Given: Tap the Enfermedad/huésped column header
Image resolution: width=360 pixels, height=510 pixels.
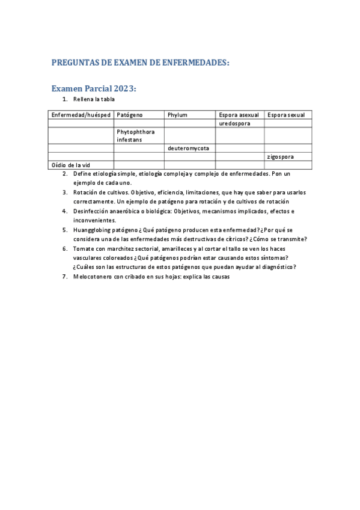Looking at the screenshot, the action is pyautogui.click(x=80, y=115).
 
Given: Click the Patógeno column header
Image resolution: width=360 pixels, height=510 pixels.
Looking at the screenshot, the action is pyautogui.click(x=130, y=115).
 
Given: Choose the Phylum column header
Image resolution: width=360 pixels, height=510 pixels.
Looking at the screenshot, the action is pyautogui.click(x=178, y=115).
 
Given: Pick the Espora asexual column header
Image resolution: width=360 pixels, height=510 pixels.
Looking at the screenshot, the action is pyautogui.click(x=239, y=115).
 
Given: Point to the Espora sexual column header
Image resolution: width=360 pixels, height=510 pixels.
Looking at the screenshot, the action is pyautogui.click(x=286, y=115).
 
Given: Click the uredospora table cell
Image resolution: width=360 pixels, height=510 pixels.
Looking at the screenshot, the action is pyautogui.click(x=234, y=123).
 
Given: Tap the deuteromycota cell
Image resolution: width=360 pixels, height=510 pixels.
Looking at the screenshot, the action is pyautogui.click(x=188, y=148).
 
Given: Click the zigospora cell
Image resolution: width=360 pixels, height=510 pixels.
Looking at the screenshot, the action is pyautogui.click(x=280, y=157).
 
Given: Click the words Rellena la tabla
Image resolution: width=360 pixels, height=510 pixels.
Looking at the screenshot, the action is pyautogui.click(x=94, y=99).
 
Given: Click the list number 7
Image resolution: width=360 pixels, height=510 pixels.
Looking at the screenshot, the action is pyautogui.click(x=65, y=277).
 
